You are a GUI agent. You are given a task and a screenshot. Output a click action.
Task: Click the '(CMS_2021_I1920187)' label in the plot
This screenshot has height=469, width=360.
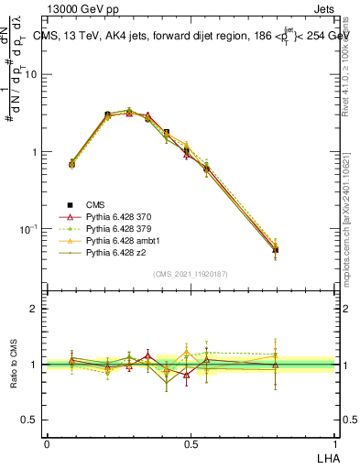[190, 273]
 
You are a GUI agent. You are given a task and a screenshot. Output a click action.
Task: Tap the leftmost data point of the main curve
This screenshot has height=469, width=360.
[71, 164]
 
